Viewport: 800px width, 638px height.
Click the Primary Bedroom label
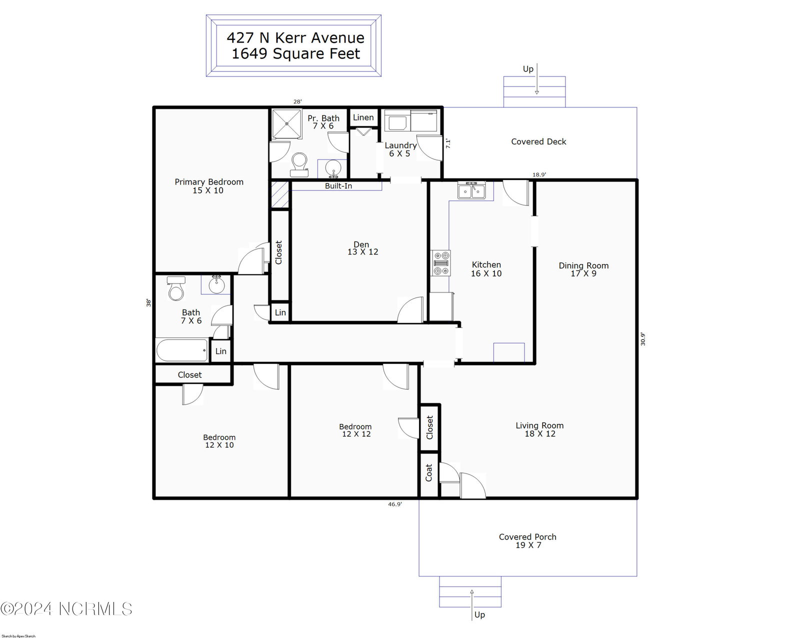208,186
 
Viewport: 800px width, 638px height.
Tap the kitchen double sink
471,190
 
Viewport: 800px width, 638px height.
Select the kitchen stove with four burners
441,263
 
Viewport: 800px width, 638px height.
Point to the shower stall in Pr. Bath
286,124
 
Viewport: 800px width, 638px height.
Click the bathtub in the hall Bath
182,350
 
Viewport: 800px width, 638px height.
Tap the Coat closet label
428,472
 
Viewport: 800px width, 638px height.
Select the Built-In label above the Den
338,186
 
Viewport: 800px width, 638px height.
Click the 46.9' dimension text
395,504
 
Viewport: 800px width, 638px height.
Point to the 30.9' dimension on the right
643,339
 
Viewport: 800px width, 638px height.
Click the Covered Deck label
538,141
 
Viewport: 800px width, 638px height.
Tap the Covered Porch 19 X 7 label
527,541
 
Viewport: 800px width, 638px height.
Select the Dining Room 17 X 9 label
583,269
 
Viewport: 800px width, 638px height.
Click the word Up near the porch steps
479,614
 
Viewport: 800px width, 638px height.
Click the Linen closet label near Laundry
363,117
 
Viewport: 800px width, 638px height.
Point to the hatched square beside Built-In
280,194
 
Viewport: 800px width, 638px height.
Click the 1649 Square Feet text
296,54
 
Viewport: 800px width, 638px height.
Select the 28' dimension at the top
297,101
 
